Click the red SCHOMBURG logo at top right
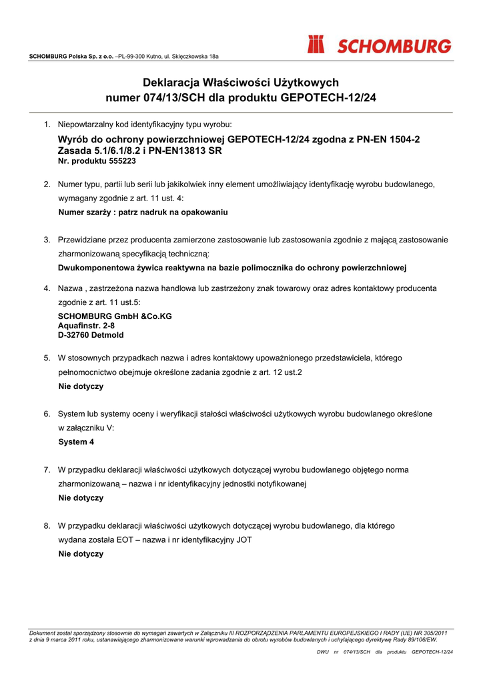(379, 46)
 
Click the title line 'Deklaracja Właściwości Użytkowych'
(241, 83)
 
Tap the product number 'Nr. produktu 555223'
(97, 161)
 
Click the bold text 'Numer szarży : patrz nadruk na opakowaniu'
(143, 212)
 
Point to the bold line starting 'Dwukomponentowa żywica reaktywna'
(232, 268)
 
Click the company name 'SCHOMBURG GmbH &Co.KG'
(115, 316)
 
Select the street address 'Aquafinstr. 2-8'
(87, 326)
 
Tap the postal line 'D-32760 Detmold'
(91, 335)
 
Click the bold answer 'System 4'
(76, 442)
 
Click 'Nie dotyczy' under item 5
(81, 386)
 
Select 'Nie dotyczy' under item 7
(81, 498)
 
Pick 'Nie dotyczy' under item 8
(81, 553)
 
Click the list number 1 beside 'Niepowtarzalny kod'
(47, 125)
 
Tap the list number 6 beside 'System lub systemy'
(47, 414)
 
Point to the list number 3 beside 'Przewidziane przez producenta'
(47, 240)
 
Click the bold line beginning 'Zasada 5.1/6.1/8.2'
(140, 151)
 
